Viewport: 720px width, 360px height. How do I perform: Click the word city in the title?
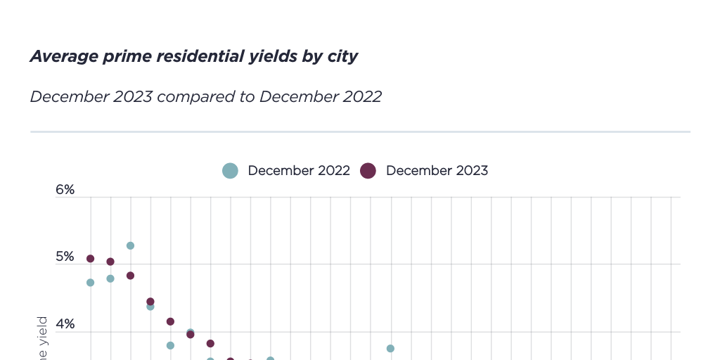click(x=343, y=57)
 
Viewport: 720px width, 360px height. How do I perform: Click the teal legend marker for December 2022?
click(x=230, y=171)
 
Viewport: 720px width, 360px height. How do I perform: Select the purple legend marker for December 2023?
click(x=368, y=171)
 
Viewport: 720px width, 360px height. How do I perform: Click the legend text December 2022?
click(x=299, y=171)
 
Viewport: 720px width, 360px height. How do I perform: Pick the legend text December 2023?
click(x=437, y=171)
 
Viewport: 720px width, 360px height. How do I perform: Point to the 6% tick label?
click(x=65, y=190)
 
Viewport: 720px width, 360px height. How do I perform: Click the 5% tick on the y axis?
click(x=65, y=257)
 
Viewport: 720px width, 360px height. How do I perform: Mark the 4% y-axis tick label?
click(x=65, y=325)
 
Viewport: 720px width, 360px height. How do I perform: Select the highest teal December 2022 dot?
click(x=130, y=245)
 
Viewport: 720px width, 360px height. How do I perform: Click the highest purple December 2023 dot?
click(x=90, y=259)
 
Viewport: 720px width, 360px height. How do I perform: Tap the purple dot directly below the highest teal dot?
click(x=130, y=276)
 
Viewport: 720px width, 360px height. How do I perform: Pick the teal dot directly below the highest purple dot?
click(x=90, y=283)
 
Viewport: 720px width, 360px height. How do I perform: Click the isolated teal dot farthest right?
click(x=390, y=348)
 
